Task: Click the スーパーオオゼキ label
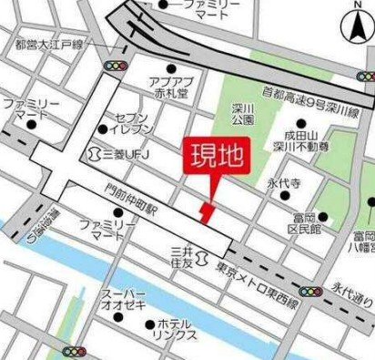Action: click(x=124, y=300)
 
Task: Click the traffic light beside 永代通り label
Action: click(x=311, y=292)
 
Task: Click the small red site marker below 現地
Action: click(x=208, y=212)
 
